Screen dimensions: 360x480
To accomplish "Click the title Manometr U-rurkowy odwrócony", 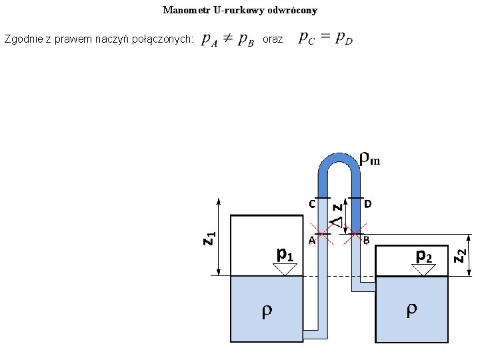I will point(240,11).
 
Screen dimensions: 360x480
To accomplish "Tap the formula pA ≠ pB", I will point(227,41).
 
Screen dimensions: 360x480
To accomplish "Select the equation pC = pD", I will point(326,38).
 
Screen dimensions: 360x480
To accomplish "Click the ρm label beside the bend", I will point(369,159).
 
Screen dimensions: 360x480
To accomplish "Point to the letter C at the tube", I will point(311,204).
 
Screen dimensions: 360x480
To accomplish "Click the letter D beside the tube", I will point(368,203).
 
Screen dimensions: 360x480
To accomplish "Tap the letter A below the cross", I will point(311,240).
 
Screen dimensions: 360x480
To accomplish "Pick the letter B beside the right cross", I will point(367,240).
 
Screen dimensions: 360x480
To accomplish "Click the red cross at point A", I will point(323,234).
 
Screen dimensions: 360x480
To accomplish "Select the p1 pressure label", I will point(285,254).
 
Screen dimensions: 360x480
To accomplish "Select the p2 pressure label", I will point(424,255).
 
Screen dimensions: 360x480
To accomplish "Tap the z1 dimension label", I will point(208,237).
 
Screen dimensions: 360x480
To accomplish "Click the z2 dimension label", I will point(460,254).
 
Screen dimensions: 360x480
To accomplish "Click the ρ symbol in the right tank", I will point(413,309).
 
